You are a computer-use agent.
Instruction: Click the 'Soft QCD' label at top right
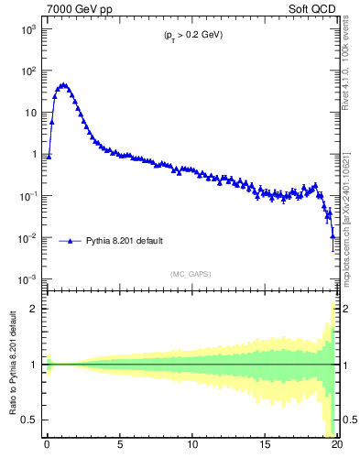318,8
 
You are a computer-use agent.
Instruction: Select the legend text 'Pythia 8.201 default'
125,241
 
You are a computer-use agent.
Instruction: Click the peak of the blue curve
63,84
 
